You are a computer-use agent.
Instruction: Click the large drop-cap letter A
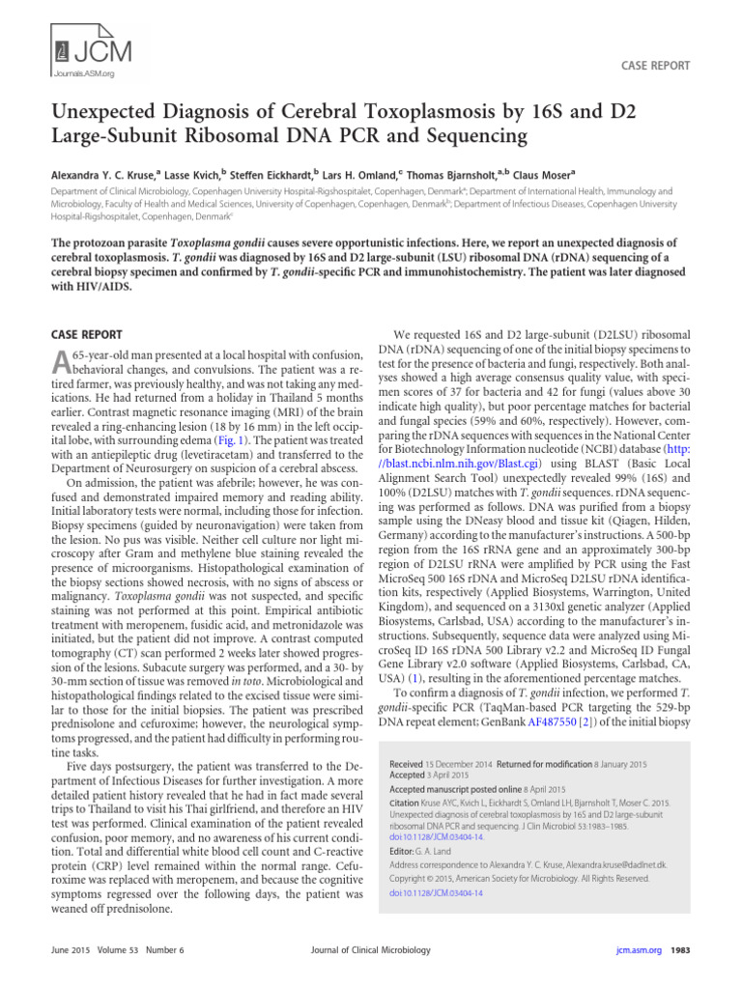coord(60,362)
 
